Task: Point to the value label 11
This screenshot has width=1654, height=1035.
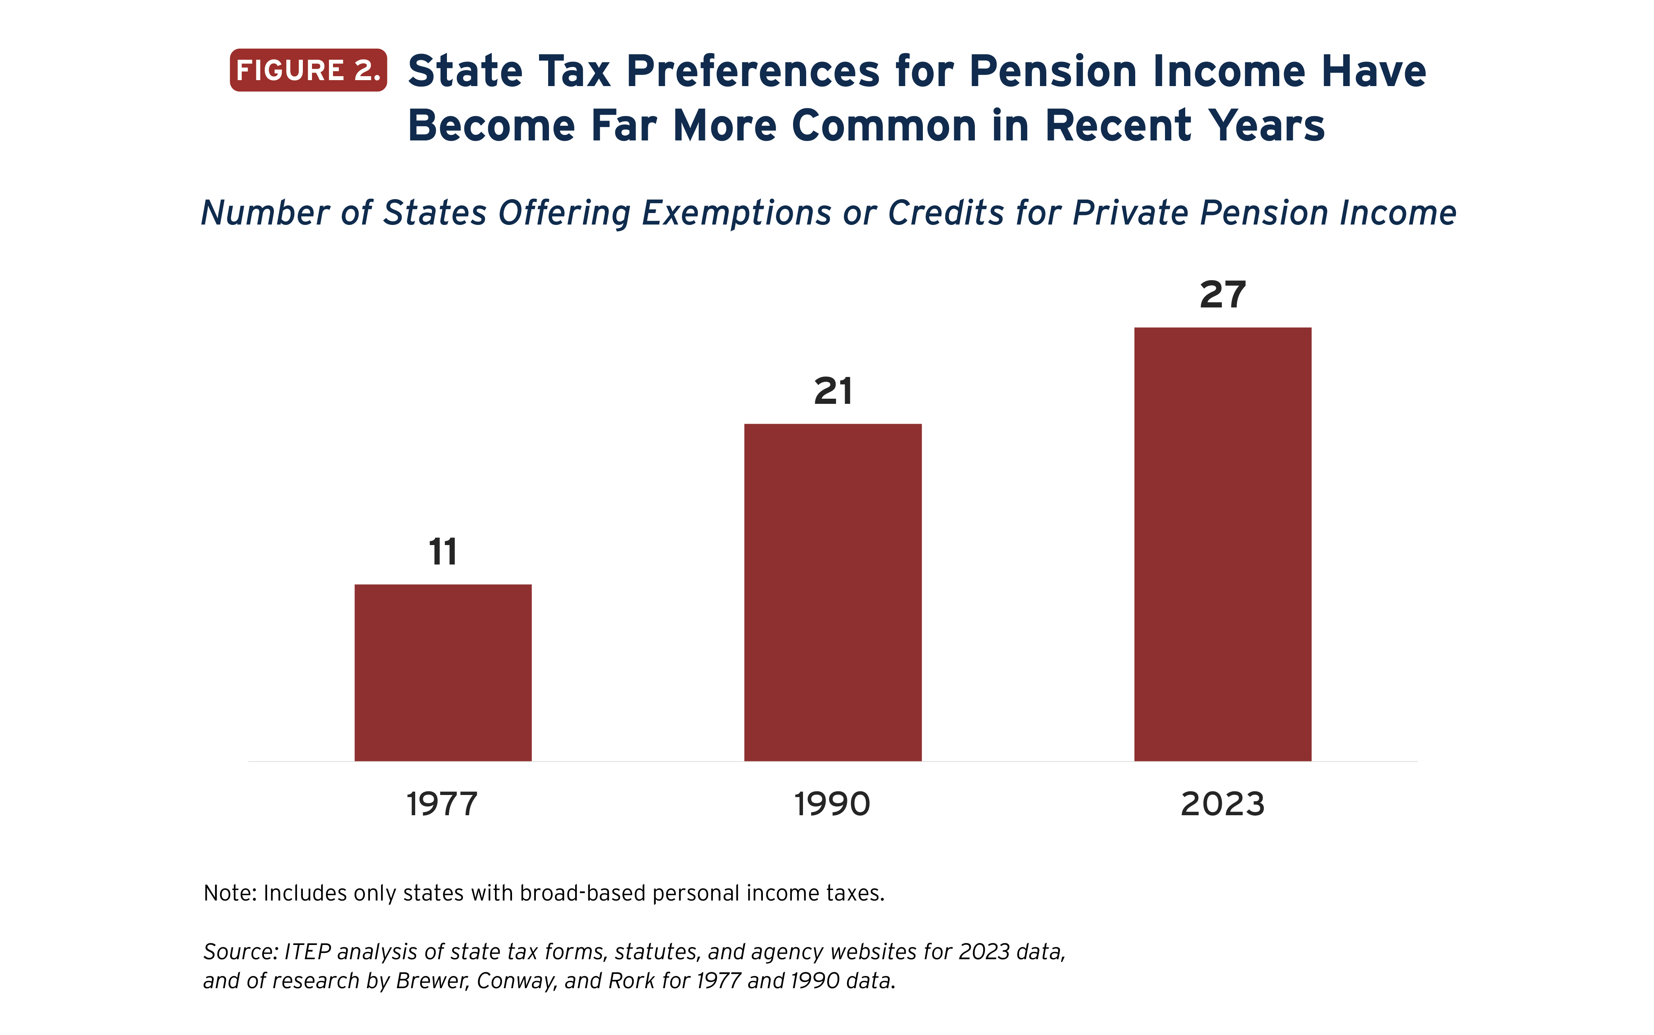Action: pos(443,552)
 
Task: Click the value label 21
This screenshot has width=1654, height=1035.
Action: pos(833,392)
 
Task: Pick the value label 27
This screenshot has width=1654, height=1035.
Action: pos(1223,295)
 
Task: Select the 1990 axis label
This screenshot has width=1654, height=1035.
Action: pos(832,804)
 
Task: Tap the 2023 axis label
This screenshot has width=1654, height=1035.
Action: pos(1223,804)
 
